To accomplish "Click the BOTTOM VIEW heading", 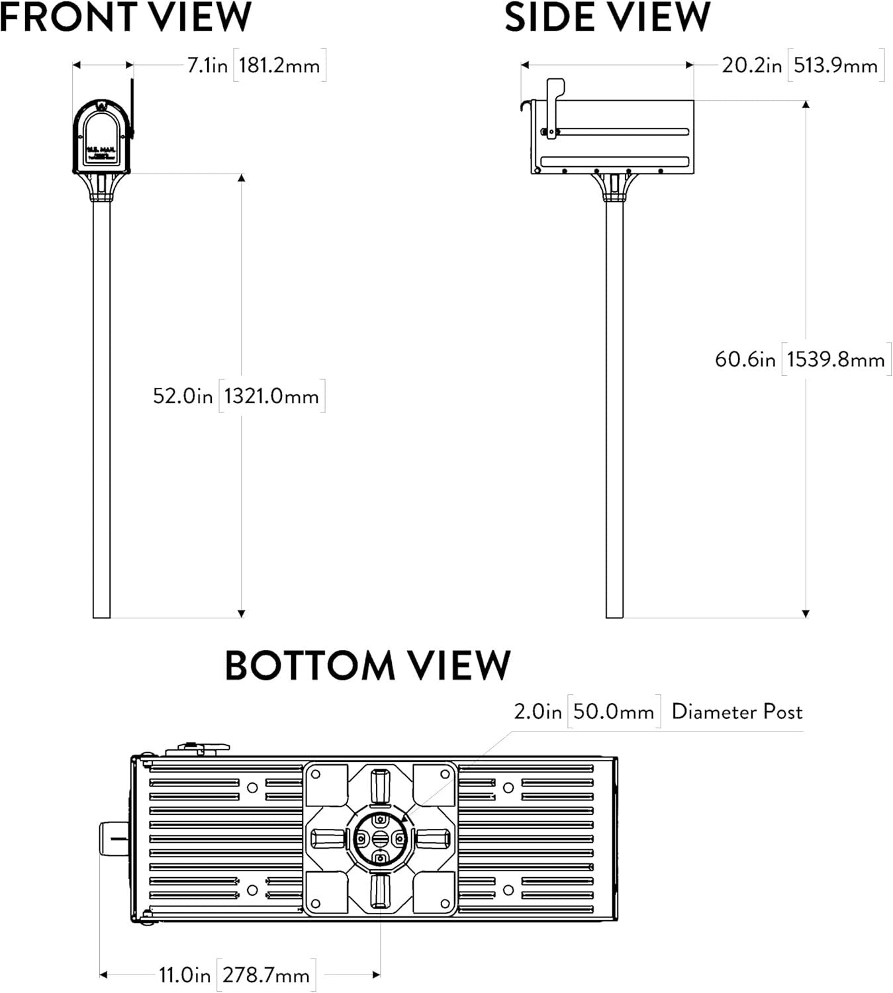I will pos(367,665).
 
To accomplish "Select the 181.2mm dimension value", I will pos(279,66).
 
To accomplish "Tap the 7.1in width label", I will pos(207,66).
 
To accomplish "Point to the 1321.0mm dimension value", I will pos(271,396).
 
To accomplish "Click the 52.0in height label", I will pos(183,396).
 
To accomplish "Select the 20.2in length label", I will pos(751,66).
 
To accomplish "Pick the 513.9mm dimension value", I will pos(835,66).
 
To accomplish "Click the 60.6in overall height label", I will pos(745,359).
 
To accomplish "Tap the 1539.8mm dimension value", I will pos(835,359).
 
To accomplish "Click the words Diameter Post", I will pos(737,712).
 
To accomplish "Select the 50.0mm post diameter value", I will pos(614,712).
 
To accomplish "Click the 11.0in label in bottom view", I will pos(185,975).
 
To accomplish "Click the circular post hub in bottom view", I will pos(380,839).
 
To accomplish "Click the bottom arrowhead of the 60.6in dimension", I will pos(805,614).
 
